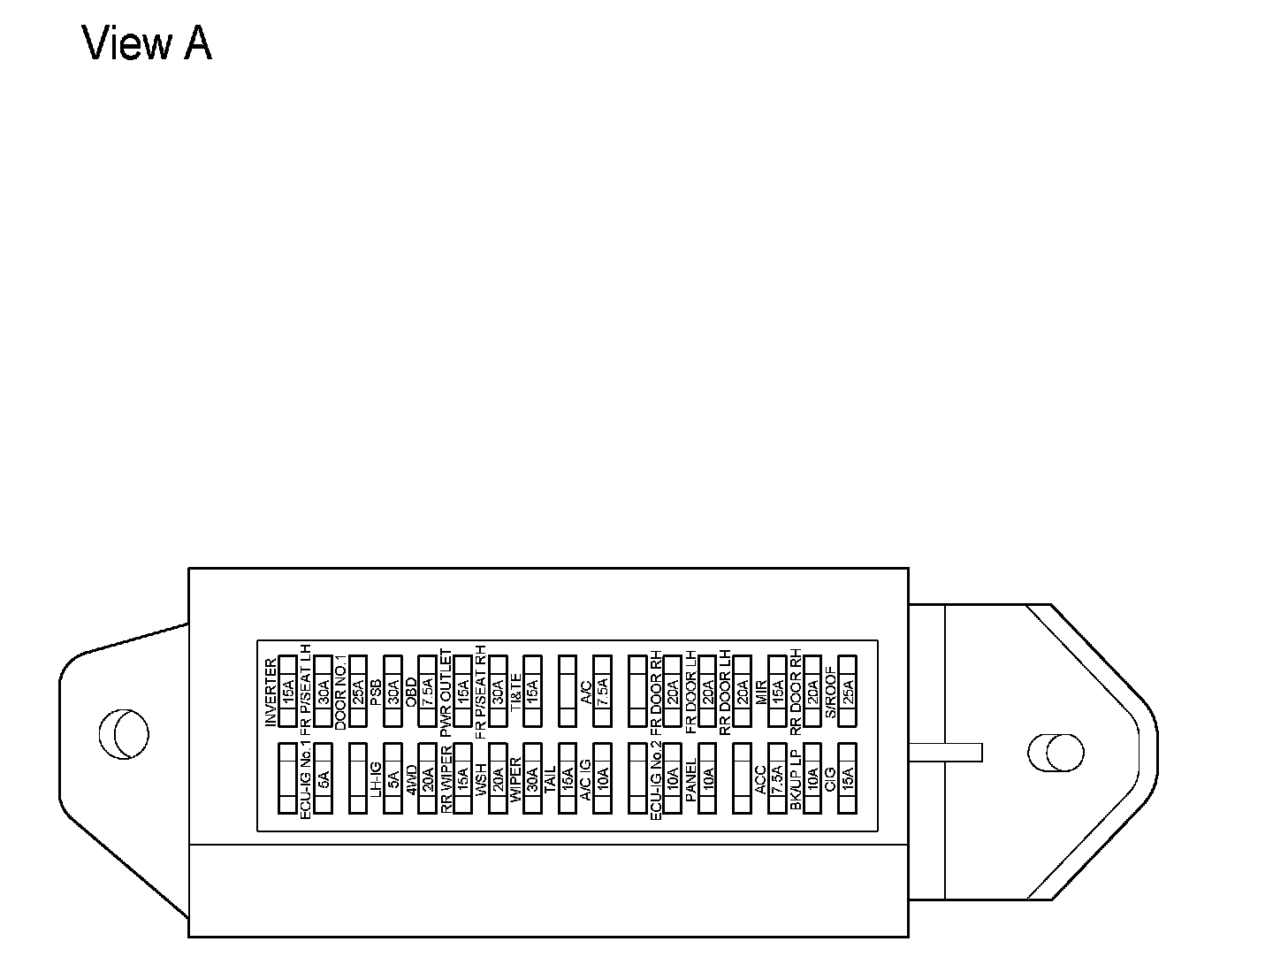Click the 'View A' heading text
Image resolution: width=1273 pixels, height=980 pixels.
[x=147, y=44]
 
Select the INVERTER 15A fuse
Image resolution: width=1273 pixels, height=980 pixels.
[x=287, y=690]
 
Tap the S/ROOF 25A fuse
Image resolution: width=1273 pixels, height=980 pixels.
[x=848, y=690]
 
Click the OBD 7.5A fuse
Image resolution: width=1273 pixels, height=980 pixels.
[x=427, y=690]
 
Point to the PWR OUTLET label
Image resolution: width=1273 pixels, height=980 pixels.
[x=446, y=690]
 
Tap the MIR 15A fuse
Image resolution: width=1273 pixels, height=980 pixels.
[x=778, y=690]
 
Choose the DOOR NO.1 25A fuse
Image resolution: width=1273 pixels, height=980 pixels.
[x=357, y=690]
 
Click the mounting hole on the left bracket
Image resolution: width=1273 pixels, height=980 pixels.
[x=124, y=734]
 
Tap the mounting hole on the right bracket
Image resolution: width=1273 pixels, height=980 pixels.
[x=1056, y=752]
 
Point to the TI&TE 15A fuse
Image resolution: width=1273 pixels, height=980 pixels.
[x=532, y=690]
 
